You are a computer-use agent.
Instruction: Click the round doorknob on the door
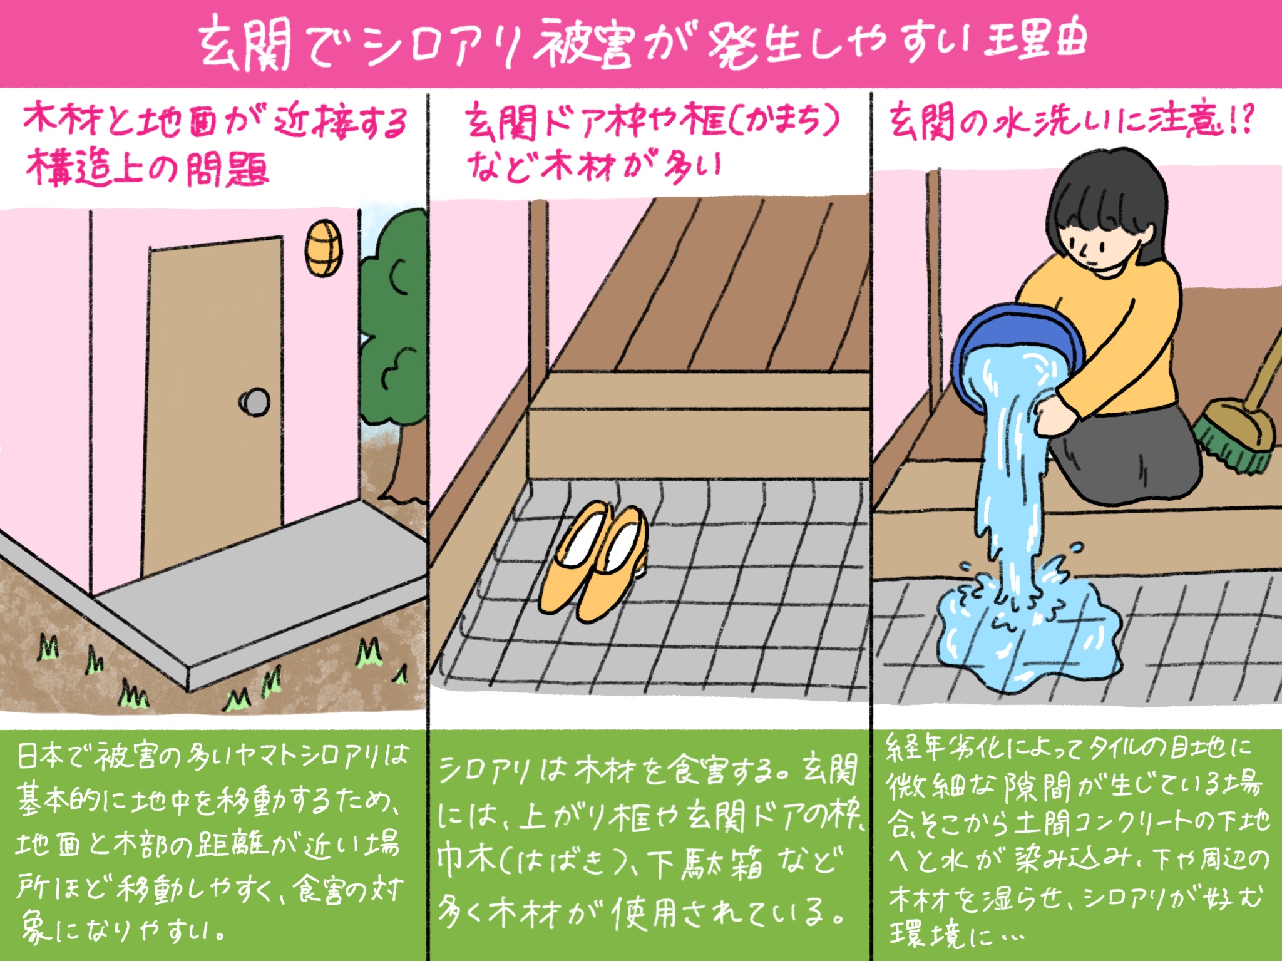tap(255, 402)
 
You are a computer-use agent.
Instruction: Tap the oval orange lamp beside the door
tap(324, 248)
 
